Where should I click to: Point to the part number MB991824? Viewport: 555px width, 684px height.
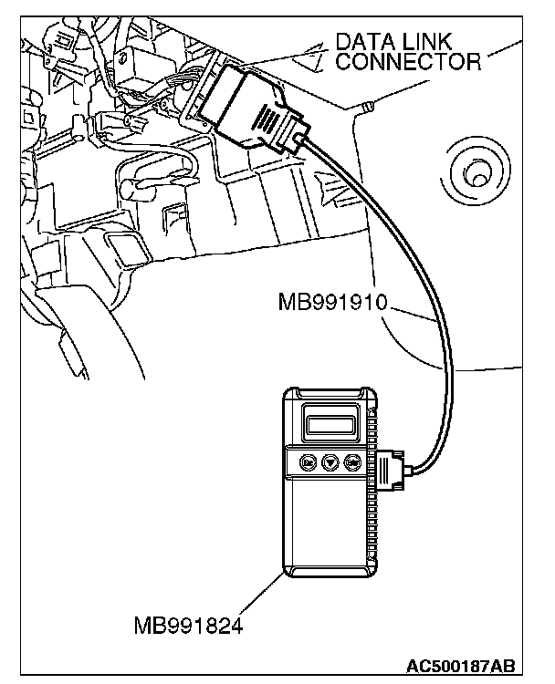pyautogui.click(x=188, y=628)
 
